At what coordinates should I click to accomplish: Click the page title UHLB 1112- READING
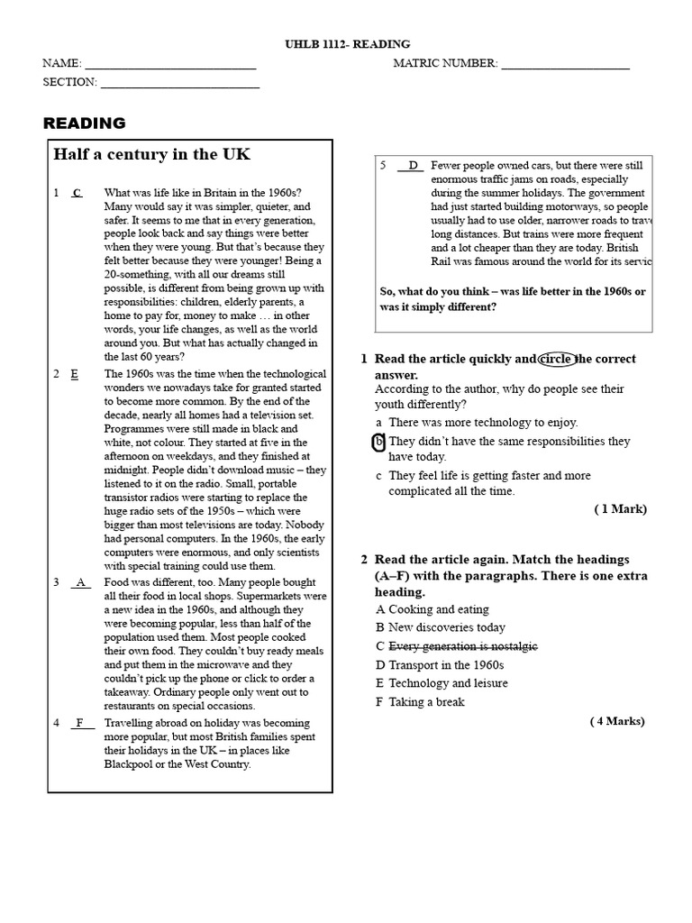[x=346, y=44]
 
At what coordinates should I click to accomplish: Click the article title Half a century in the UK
[x=151, y=154]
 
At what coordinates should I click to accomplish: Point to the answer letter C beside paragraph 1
[x=77, y=193]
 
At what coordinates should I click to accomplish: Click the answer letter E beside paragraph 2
[x=75, y=374]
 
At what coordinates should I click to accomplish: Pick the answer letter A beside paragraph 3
[x=81, y=582]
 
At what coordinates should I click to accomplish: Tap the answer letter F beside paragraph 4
[x=80, y=723]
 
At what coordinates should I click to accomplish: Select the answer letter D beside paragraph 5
[x=413, y=166]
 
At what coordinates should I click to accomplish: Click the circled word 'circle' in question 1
[x=556, y=359]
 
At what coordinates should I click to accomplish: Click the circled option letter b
[x=378, y=442]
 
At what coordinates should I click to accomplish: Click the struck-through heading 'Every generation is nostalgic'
[x=462, y=646]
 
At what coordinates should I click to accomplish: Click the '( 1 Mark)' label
[x=620, y=509]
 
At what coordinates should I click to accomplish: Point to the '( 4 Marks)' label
[x=617, y=721]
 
